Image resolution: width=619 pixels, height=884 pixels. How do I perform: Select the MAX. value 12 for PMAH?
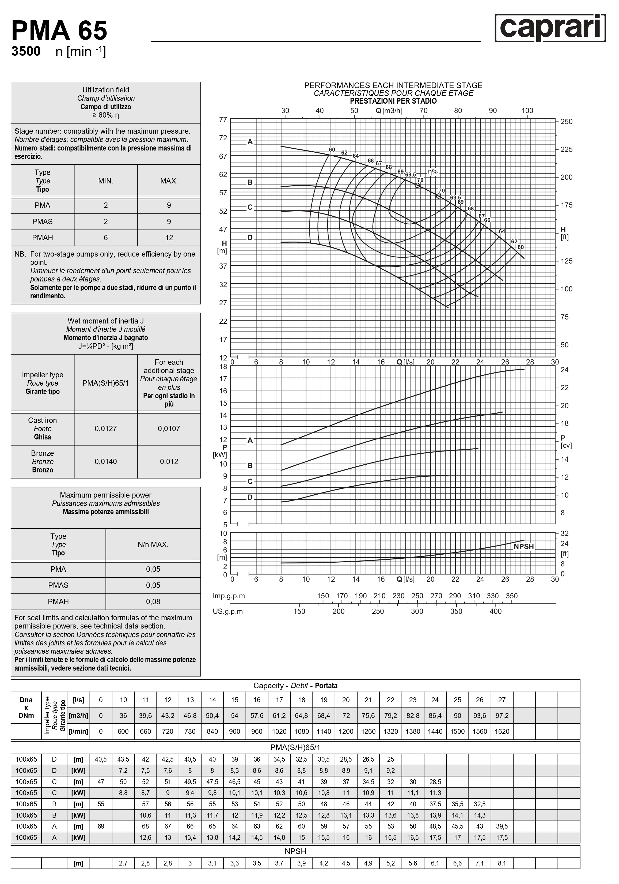pyautogui.click(x=169, y=238)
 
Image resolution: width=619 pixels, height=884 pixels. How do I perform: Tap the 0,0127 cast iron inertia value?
pyautogui.click(x=105, y=428)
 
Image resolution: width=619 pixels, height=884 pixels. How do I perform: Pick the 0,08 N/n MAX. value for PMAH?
pyautogui.click(x=153, y=601)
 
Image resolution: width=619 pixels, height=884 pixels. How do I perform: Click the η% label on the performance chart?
pyautogui.click(x=433, y=172)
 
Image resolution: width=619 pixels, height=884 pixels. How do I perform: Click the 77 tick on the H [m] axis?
pyautogui.click(x=223, y=120)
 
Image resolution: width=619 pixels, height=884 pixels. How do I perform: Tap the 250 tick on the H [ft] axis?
pyautogui.click(x=566, y=122)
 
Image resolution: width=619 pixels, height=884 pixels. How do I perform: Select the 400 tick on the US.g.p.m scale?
pyautogui.click(x=496, y=611)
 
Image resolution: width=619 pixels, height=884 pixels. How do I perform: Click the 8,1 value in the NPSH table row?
pyautogui.click(x=502, y=863)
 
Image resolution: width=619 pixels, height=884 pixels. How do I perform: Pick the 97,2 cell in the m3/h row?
pyautogui.click(x=502, y=715)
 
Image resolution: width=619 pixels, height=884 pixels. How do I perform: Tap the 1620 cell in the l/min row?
pyautogui.click(x=502, y=731)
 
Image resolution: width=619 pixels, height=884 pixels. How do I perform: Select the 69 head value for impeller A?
pyautogui.click(x=101, y=826)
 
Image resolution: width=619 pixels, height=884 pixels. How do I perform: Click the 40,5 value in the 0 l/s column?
pyautogui.click(x=101, y=759)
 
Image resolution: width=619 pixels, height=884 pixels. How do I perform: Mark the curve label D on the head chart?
pyautogui.click(x=250, y=238)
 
